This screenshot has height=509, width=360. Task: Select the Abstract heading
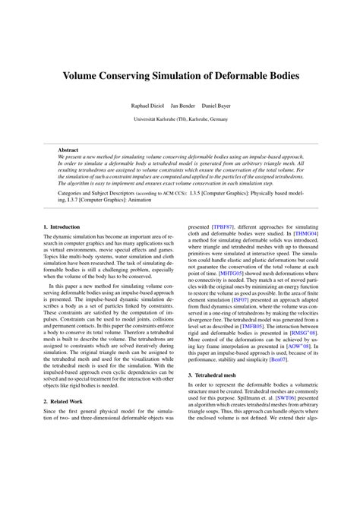pos(68,150)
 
